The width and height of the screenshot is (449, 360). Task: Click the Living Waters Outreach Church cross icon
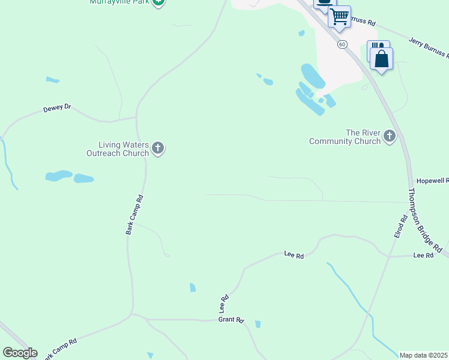click(158, 148)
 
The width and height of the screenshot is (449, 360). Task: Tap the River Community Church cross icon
click(389, 136)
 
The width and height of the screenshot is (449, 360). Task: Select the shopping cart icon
click(339, 16)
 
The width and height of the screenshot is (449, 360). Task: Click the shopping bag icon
click(382, 59)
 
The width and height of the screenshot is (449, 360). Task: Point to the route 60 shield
click(342, 44)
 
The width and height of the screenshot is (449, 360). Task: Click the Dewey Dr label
click(57, 109)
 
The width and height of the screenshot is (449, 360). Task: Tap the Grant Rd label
click(231, 320)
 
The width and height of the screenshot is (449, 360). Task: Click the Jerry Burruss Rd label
click(429, 47)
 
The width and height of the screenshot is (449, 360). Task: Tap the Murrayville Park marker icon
click(158, 2)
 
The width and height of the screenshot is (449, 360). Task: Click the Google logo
click(20, 353)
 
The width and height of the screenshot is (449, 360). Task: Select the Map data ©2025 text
click(423, 355)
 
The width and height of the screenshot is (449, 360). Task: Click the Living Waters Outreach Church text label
click(124, 148)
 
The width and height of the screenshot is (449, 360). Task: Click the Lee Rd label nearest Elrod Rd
click(423, 255)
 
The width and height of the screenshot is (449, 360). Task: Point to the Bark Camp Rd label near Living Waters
click(134, 214)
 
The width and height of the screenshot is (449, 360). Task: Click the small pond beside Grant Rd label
click(258, 324)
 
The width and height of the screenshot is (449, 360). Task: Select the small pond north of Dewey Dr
click(53, 79)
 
